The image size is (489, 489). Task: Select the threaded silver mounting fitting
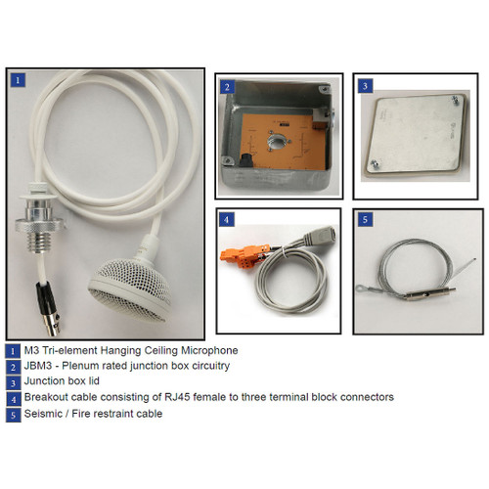click(x=40, y=223)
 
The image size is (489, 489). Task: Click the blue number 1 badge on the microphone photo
click(x=18, y=79)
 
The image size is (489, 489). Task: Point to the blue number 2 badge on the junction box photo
click(x=227, y=87)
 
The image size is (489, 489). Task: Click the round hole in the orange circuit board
click(x=277, y=142)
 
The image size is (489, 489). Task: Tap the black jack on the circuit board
click(x=244, y=160)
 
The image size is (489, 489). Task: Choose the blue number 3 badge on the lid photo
click(x=365, y=86)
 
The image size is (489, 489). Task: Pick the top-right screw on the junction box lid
click(x=455, y=100)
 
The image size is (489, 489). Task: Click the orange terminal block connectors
click(x=244, y=255)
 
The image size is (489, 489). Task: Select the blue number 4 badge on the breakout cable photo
click(x=227, y=220)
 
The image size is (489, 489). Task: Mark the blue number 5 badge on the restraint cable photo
click(x=365, y=219)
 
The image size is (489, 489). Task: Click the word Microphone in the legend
click(x=209, y=350)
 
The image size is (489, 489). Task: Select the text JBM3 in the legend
click(x=38, y=366)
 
